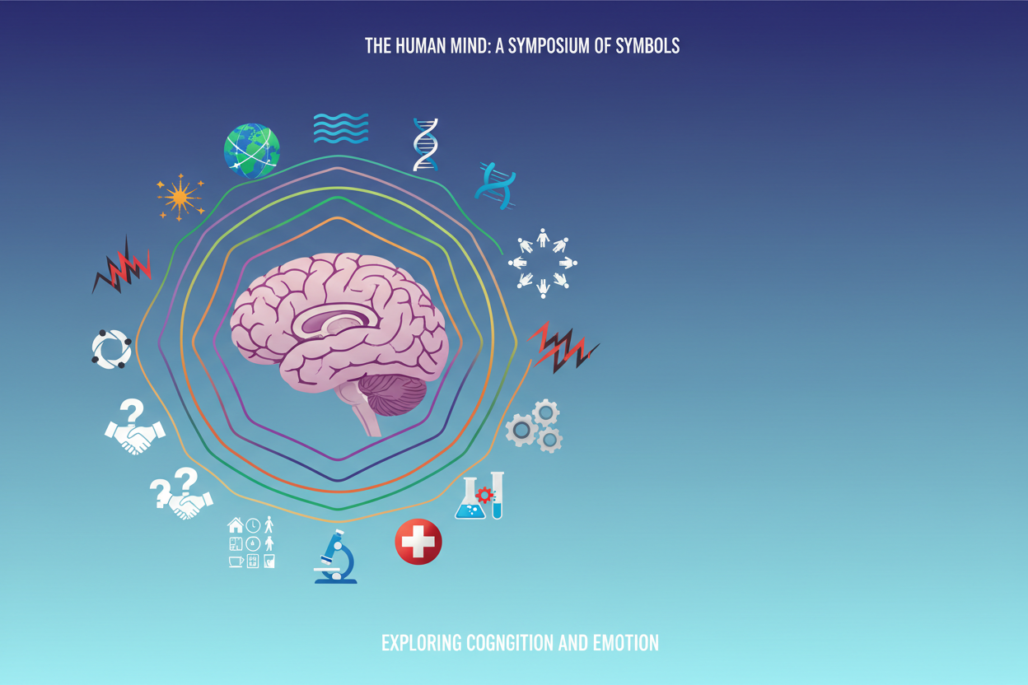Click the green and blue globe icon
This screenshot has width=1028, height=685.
tap(251, 151)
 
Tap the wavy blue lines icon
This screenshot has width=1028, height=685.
tap(340, 128)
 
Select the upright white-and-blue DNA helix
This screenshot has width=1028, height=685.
tap(425, 145)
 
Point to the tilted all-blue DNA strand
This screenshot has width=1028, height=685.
tap(496, 186)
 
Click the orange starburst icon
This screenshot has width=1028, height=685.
tap(180, 198)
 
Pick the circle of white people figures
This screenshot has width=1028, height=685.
tap(543, 263)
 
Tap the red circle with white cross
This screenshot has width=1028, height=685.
tap(418, 542)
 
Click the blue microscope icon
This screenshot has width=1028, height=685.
tap(335, 557)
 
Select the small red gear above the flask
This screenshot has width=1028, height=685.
tap(484, 495)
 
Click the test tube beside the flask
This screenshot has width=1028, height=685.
tap(497, 495)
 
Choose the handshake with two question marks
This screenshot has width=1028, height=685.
tap(181, 493)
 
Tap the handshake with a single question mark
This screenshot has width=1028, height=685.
tap(135, 426)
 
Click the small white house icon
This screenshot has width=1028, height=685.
tap(236, 524)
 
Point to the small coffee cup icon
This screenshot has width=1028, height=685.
tap(236, 562)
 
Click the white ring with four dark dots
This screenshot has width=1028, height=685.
tap(111, 349)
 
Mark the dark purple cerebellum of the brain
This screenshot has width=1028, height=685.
tap(392, 394)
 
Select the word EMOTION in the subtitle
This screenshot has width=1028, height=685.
tap(626, 643)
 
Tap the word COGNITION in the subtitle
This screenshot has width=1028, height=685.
tap(510, 643)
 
